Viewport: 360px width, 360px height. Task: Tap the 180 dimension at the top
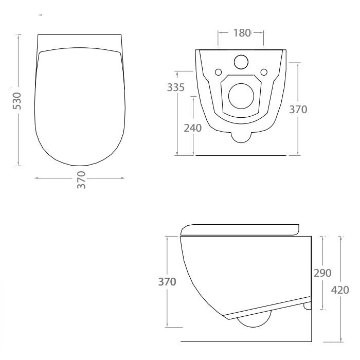tap(241, 33)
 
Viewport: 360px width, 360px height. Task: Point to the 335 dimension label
tap(176, 87)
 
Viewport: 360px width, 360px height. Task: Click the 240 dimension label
tap(192, 128)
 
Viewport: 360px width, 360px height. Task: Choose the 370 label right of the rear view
tap(298, 110)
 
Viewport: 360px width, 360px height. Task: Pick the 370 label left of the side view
tap(168, 281)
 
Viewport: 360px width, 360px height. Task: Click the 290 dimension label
tap(322, 273)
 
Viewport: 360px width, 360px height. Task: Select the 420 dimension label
tap(340, 290)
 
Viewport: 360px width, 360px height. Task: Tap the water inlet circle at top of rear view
tap(241, 62)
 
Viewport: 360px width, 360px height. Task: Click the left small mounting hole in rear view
tap(218, 71)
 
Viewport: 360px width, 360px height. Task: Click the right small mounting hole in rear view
tap(264, 71)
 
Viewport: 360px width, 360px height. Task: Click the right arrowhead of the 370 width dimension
tap(123, 178)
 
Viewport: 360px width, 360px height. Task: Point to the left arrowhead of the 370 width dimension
tap(36, 178)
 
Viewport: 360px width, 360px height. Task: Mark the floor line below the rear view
tap(241, 155)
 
